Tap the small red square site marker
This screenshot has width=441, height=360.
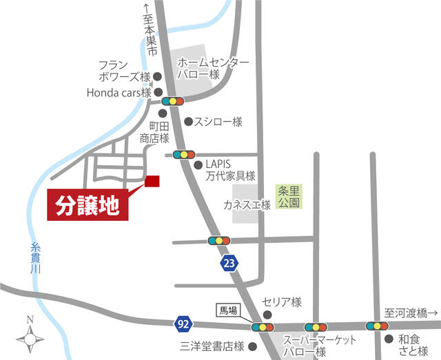[152, 181]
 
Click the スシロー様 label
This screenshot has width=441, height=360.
[218, 122]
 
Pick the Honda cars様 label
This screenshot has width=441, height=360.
[119, 92]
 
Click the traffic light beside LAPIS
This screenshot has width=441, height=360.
[184, 154]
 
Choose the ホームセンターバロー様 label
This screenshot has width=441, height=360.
[213, 67]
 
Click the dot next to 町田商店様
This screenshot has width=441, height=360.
[163, 114]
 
